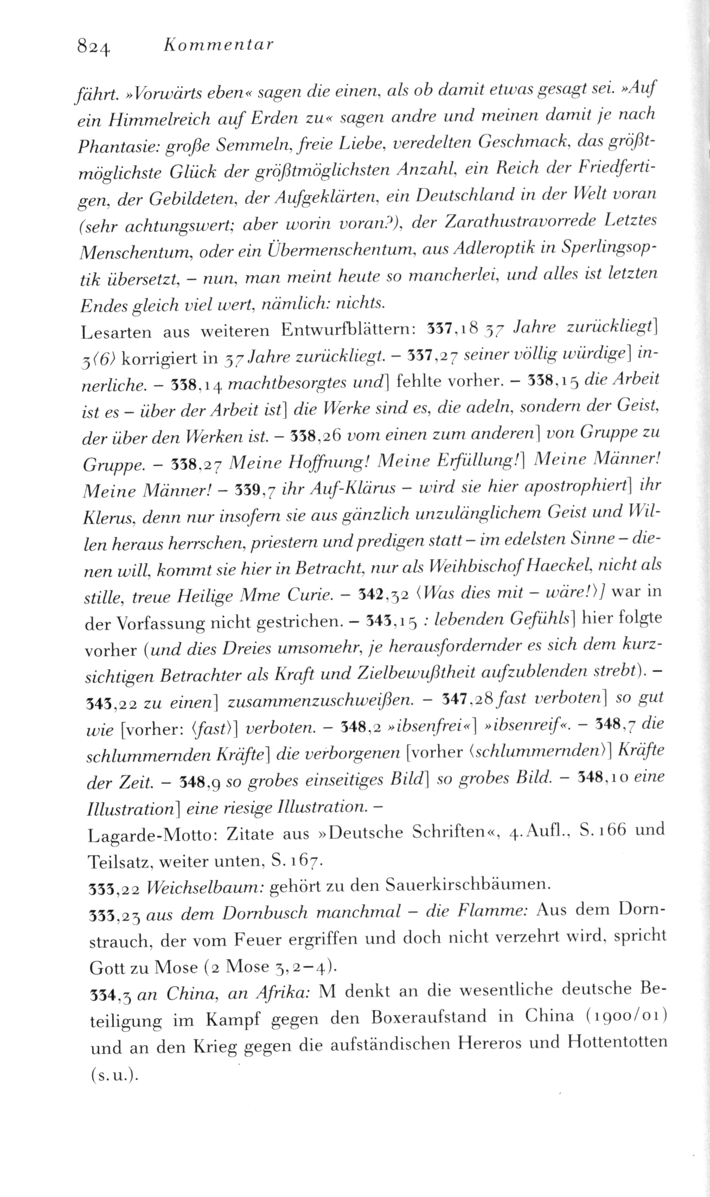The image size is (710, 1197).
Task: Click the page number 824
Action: (x=94, y=47)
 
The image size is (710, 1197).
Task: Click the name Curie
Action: (x=303, y=597)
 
